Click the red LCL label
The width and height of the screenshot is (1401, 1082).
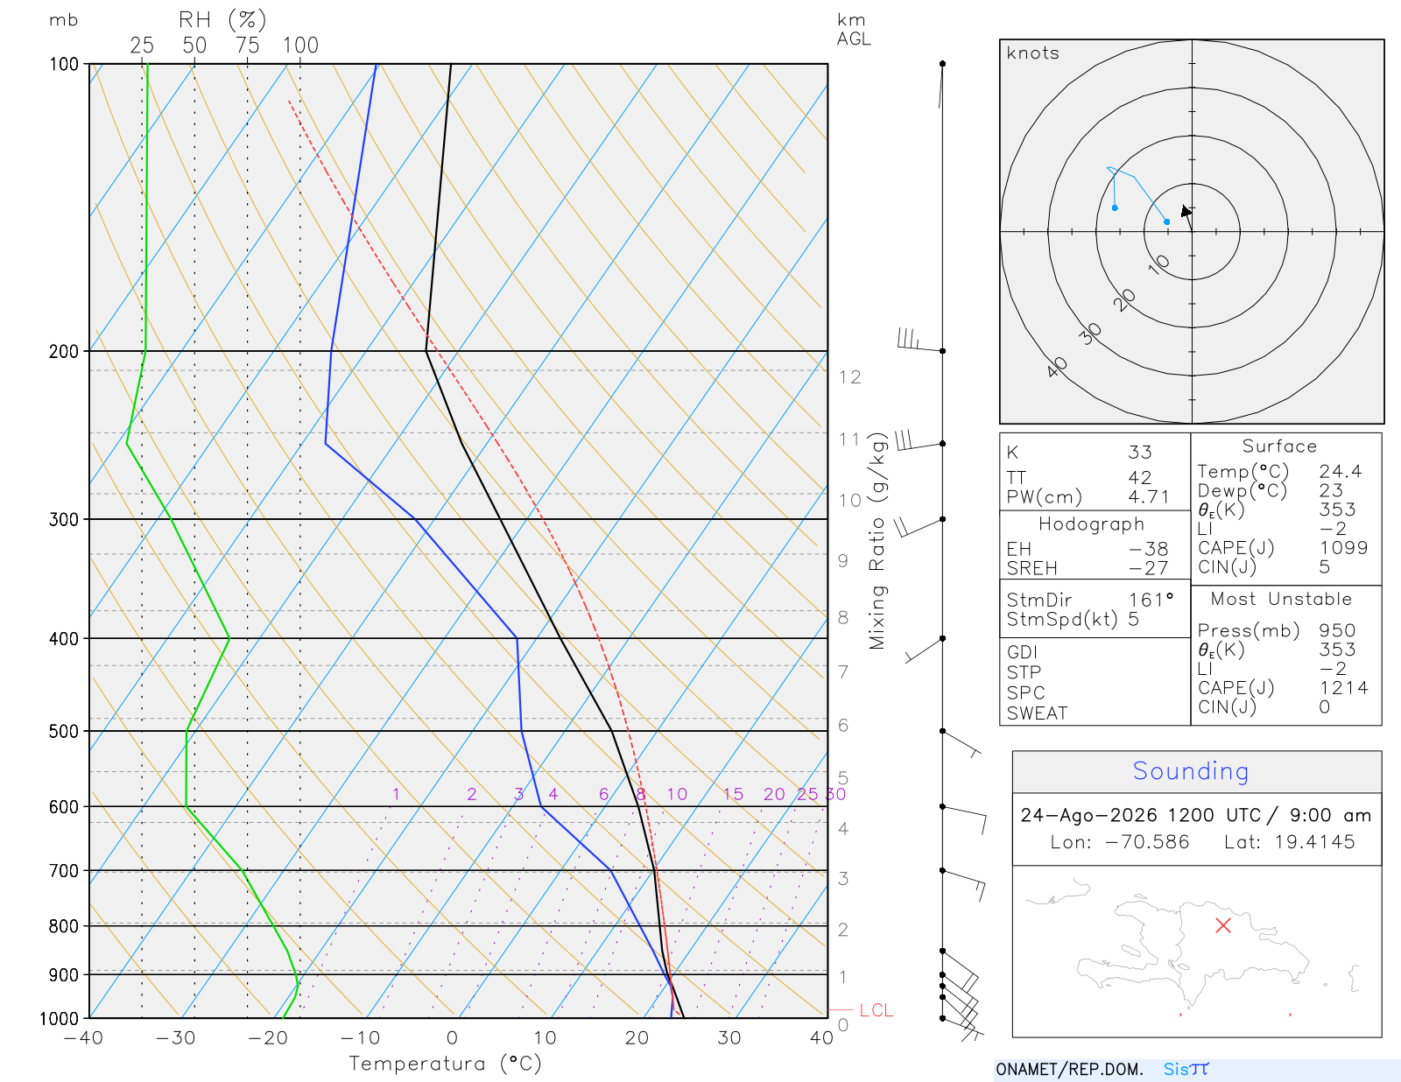(x=876, y=1010)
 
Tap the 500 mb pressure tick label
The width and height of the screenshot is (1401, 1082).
(x=64, y=732)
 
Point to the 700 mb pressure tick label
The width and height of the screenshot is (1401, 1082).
(x=64, y=871)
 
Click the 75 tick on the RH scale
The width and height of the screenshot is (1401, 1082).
(x=247, y=46)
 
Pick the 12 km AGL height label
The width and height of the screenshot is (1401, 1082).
(x=849, y=377)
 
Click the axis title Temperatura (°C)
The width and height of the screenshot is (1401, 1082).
(x=445, y=1064)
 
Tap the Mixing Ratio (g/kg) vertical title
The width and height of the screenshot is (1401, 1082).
(x=877, y=541)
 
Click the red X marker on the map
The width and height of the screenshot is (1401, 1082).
(x=1222, y=925)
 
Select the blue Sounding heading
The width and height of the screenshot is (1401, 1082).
(x=1190, y=770)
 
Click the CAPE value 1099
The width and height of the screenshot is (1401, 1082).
(x=1343, y=548)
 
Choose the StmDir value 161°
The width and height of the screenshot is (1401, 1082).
(x=1151, y=600)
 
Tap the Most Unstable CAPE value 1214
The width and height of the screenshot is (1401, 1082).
(x=1343, y=687)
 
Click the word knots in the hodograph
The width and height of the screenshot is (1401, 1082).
(x=1033, y=53)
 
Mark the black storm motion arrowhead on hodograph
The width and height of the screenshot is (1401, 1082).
(x=1186, y=211)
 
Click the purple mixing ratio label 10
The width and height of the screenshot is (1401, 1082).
(x=677, y=794)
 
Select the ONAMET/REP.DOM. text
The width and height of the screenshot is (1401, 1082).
(x=1070, y=1069)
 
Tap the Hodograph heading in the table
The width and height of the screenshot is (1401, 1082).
(x=1091, y=523)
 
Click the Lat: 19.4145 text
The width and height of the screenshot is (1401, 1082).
(x=1290, y=841)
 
